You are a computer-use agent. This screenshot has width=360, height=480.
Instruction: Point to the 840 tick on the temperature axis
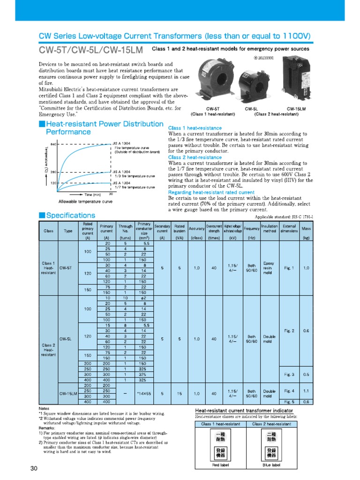click(x=53, y=144)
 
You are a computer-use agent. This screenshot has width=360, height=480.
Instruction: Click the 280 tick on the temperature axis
click(x=53, y=172)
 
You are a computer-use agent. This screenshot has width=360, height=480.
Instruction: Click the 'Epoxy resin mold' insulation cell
click(x=270, y=268)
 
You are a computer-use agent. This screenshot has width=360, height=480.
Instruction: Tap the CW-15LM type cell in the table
click(x=68, y=393)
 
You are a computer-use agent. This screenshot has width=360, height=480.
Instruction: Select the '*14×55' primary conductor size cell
click(x=143, y=393)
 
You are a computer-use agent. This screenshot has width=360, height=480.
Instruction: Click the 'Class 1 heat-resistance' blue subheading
click(x=195, y=128)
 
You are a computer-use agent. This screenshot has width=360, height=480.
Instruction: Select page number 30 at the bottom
click(x=33, y=469)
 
